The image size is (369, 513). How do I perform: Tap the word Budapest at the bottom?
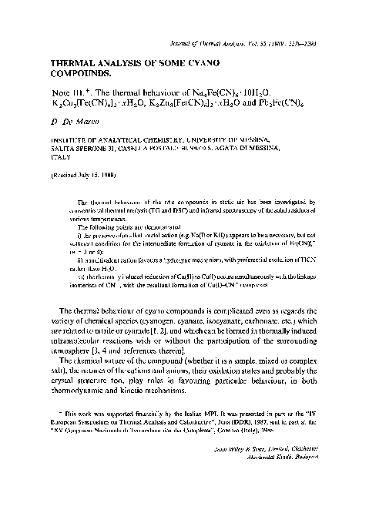(x=331, y=488)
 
